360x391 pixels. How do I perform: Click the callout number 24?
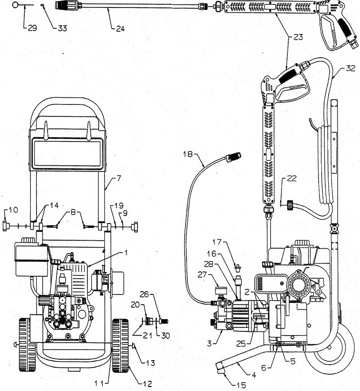(120, 29)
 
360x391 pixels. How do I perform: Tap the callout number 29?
(32, 28)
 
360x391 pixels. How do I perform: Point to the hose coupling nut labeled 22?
(290, 205)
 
